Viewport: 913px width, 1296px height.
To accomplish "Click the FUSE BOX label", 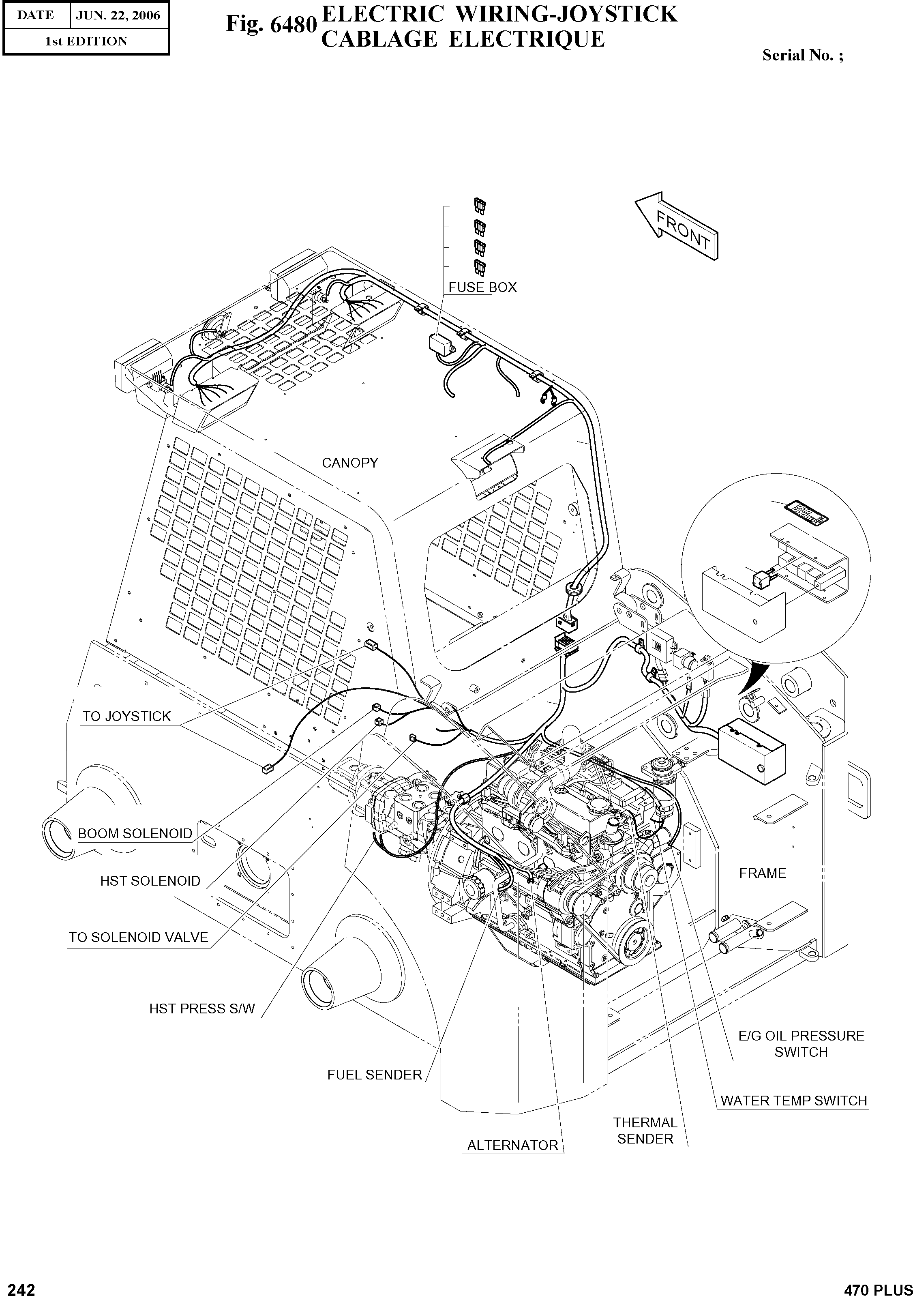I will (482, 288).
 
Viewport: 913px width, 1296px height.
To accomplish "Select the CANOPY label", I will (350, 463).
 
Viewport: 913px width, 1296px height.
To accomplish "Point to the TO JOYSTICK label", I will (126, 716).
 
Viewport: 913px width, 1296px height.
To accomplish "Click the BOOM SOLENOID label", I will (135, 834).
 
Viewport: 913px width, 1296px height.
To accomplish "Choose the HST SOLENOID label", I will (150, 881).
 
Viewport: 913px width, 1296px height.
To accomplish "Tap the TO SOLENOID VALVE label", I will (138, 938).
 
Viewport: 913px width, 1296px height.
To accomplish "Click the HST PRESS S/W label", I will (202, 1008).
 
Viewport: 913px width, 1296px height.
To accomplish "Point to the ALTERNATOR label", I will (512, 1145).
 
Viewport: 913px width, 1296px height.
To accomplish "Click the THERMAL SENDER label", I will (645, 1131).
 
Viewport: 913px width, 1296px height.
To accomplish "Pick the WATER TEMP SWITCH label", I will (793, 1100).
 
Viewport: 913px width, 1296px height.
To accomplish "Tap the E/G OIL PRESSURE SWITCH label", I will (801, 1044).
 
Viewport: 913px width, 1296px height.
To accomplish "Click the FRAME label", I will (762, 873).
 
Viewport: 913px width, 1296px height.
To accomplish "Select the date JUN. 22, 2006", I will (118, 15).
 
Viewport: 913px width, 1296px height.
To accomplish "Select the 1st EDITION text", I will (86, 41).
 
